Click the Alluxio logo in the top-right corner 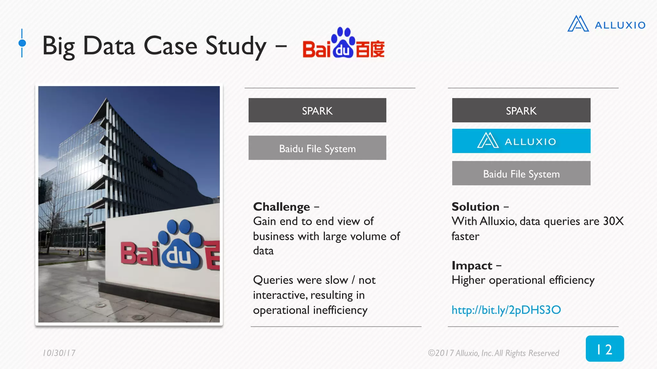[x=606, y=24]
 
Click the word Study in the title [x=236, y=46]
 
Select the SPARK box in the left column [x=317, y=111]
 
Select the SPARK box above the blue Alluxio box [x=521, y=111]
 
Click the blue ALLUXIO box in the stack [x=521, y=141]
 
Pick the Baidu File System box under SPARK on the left [x=317, y=148]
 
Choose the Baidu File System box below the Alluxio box [x=521, y=174]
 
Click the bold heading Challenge [x=281, y=207]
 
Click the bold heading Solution [x=475, y=207]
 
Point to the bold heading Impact [x=472, y=266]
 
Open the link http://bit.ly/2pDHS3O [x=506, y=310]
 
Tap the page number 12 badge [x=604, y=349]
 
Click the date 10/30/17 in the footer [x=59, y=353]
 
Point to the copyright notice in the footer [x=493, y=353]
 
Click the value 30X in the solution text [x=613, y=221]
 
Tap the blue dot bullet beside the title [x=22, y=43]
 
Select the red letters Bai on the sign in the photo [x=140, y=254]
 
